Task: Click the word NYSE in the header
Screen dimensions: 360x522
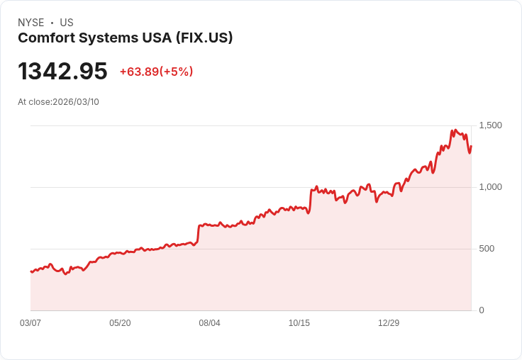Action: [x=31, y=23]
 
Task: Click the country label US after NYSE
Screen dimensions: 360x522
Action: [x=67, y=23]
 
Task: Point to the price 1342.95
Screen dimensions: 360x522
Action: [x=62, y=71]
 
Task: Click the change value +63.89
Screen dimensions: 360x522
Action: [x=139, y=72]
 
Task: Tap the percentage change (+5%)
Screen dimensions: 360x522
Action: [x=177, y=72]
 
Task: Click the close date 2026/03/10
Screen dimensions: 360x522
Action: [x=76, y=102]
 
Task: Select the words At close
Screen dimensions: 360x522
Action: [x=34, y=102]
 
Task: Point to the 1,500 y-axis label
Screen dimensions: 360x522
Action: [x=490, y=125]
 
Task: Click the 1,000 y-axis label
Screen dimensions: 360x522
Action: [x=490, y=187]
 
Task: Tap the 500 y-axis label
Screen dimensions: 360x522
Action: [x=487, y=249]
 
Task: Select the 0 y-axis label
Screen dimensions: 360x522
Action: [x=482, y=310]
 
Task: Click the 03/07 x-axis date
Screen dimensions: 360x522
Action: [x=30, y=323]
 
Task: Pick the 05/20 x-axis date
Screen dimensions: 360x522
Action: [x=120, y=323]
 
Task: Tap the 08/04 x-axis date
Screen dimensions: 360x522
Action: [x=209, y=323]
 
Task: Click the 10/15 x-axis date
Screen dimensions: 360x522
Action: [x=299, y=323]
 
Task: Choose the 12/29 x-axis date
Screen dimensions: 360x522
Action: [x=389, y=323]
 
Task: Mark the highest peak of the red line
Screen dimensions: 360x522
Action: [x=452, y=130]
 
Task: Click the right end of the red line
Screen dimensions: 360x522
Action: [x=471, y=147]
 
